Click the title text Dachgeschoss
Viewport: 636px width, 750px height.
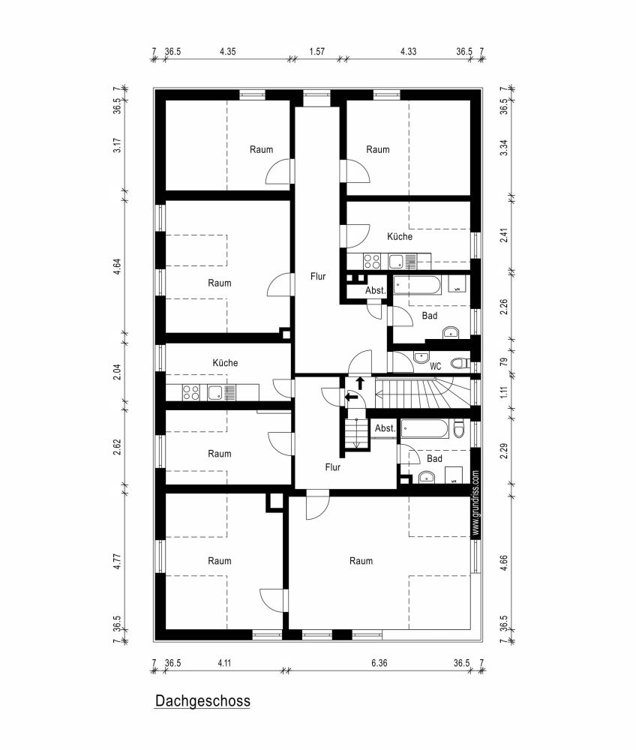click(x=202, y=701)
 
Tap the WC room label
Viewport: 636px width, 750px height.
click(x=435, y=366)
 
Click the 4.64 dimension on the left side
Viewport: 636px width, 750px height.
click(x=117, y=267)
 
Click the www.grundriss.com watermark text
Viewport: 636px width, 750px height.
click(x=475, y=502)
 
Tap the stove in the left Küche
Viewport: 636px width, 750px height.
click(x=190, y=391)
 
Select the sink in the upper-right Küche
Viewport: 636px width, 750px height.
click(x=396, y=261)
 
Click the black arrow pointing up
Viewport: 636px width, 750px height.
click(x=359, y=382)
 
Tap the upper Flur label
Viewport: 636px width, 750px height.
click(x=318, y=276)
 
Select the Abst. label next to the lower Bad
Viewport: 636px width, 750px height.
click(x=385, y=428)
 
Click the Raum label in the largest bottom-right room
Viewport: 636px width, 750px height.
click(x=361, y=560)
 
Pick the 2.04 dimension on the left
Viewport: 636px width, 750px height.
click(x=117, y=372)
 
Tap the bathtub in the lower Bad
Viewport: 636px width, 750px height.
click(x=424, y=429)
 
